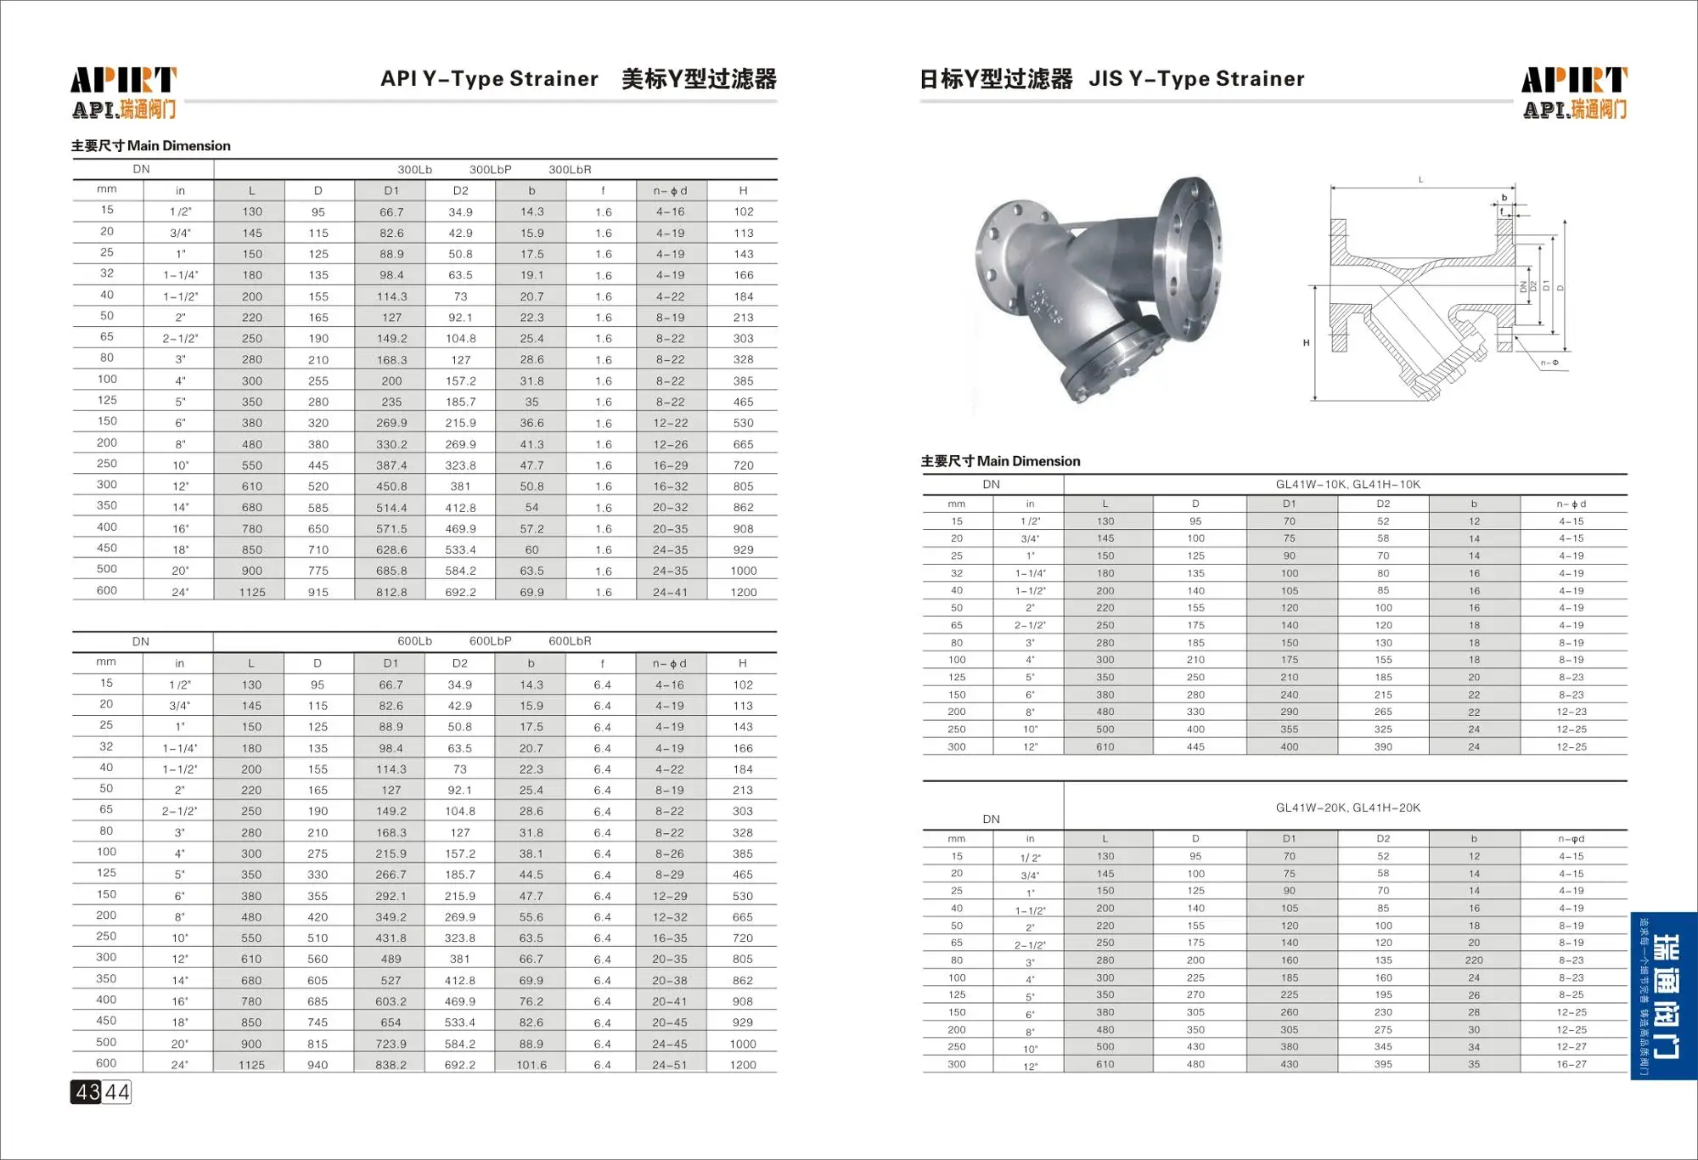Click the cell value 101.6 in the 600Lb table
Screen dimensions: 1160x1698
click(531, 1065)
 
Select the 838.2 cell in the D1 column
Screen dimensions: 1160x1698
click(391, 1065)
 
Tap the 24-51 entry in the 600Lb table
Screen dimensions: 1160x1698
click(670, 1065)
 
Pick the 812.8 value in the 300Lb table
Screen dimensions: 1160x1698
click(391, 592)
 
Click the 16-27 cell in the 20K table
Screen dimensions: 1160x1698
click(1571, 1064)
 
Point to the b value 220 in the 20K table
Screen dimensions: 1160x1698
click(1474, 960)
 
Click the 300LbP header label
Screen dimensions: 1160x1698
click(491, 170)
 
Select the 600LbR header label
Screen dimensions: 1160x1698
click(570, 641)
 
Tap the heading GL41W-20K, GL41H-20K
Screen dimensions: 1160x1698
click(1347, 808)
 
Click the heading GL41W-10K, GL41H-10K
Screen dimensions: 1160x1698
click(1347, 485)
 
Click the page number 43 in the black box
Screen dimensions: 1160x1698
click(87, 1092)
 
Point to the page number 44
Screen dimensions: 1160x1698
click(117, 1092)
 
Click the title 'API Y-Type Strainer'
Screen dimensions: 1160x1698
click(489, 79)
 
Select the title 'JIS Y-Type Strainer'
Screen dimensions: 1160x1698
click(1196, 79)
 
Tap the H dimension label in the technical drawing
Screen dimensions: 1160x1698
click(1306, 343)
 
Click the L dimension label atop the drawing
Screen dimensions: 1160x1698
click(1420, 180)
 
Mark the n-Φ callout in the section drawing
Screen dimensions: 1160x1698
click(1549, 363)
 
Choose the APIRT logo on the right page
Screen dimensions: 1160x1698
click(1574, 92)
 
